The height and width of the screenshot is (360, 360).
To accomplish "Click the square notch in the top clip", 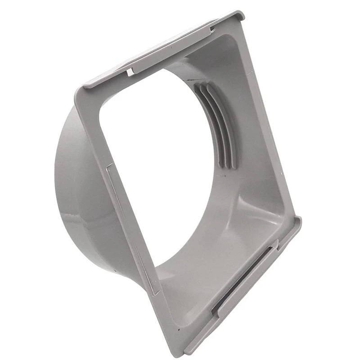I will tap(130, 72).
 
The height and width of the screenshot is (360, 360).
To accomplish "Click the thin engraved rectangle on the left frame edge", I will tap(130, 225).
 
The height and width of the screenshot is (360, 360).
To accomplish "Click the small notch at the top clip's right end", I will tap(211, 31).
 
